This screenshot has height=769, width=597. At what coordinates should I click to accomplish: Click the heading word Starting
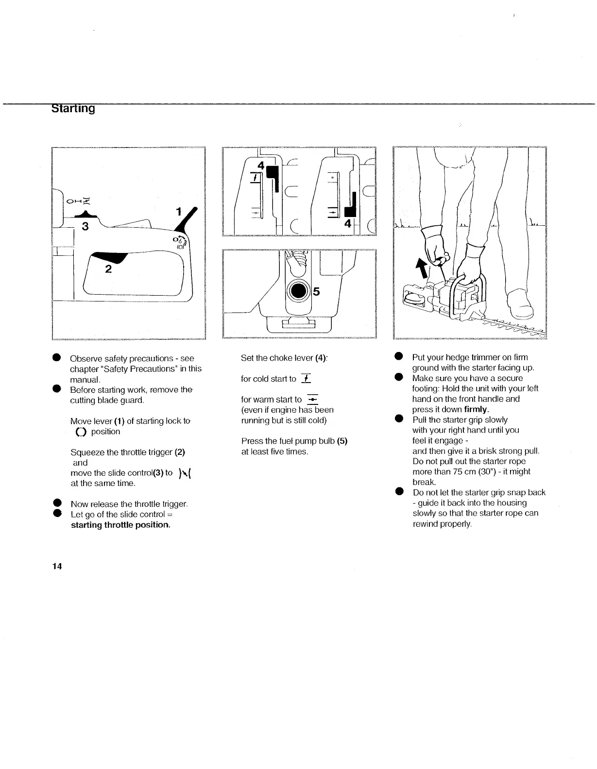coord(73,108)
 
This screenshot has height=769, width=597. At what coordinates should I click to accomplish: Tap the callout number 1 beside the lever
coord(178,212)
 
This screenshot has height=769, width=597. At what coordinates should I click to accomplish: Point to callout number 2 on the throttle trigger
coord(108,269)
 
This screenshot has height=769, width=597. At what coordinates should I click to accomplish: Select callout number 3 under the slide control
coord(85,226)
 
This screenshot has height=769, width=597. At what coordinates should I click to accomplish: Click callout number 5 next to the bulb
coord(317,291)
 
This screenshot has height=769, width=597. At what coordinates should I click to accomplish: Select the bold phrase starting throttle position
coord(120,525)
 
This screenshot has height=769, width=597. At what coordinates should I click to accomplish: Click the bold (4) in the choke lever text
coord(320,358)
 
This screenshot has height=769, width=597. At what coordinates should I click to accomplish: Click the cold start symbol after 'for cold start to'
coord(306,379)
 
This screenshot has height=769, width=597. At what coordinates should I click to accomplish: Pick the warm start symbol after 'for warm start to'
coord(312,399)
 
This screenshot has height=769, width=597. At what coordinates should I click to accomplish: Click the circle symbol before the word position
coord(80,432)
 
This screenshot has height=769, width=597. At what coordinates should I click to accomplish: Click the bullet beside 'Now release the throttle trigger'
coord(57,504)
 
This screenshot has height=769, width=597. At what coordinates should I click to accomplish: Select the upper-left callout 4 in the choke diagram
coord(261,166)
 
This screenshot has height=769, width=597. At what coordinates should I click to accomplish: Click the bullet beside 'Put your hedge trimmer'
coord(399,357)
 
